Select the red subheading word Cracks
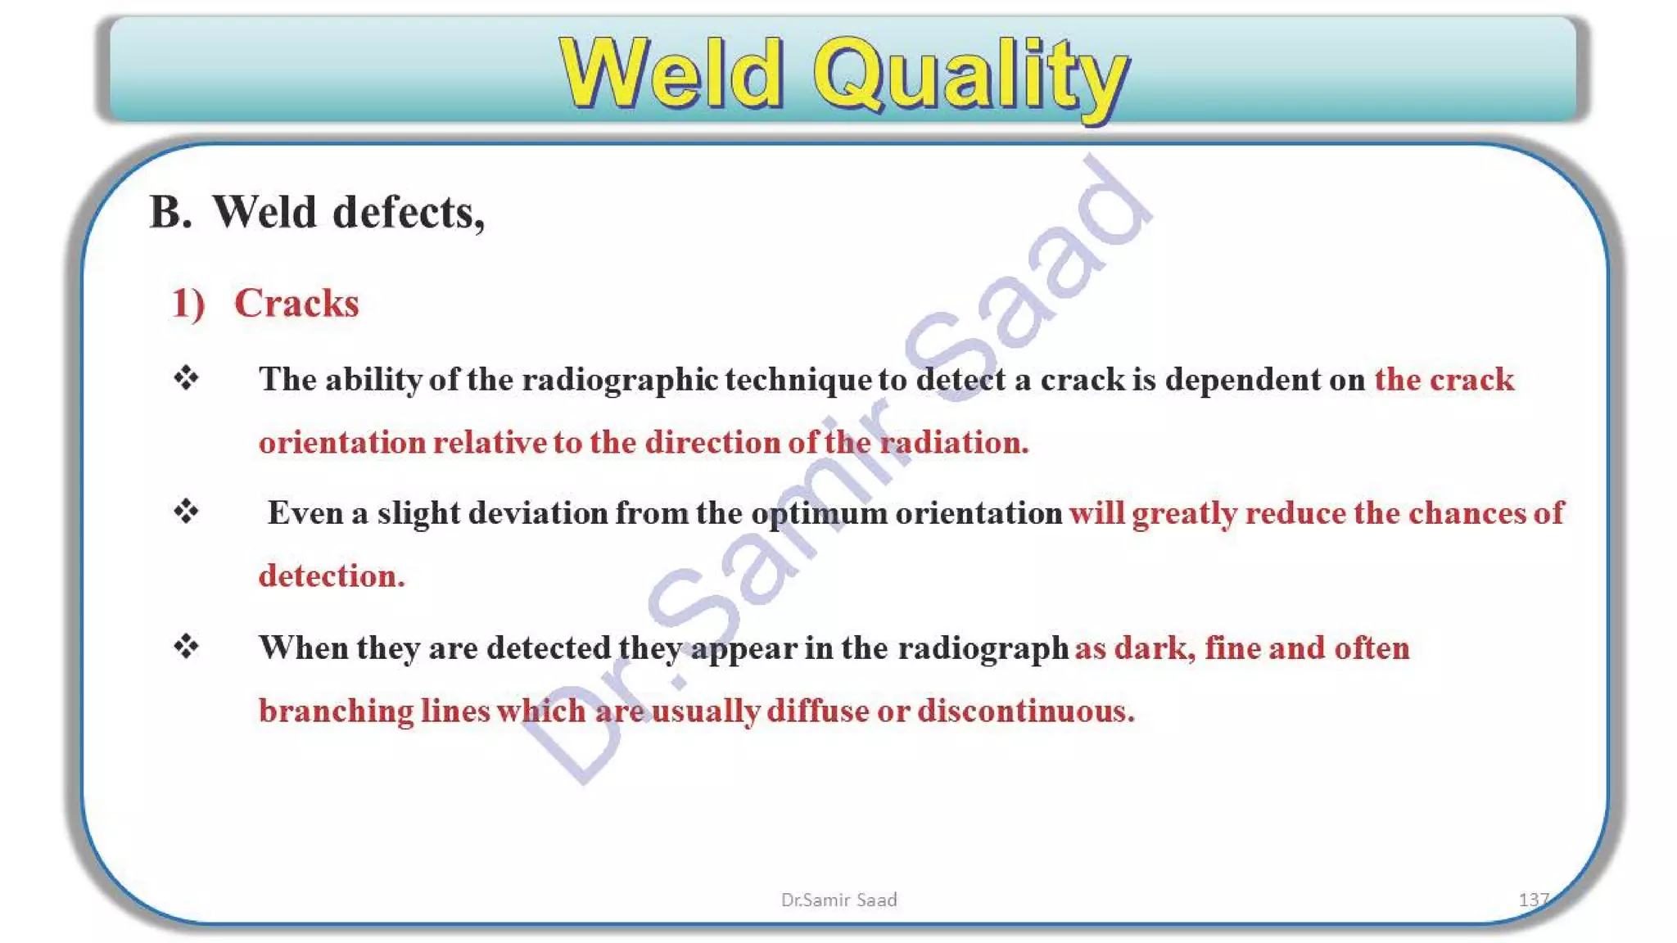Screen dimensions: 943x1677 296,303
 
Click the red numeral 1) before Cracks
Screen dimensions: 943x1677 188,304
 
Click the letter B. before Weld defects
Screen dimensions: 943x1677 170,213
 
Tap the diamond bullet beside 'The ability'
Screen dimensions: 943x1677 187,378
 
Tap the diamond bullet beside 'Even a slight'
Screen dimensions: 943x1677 187,512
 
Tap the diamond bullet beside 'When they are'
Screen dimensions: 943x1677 187,647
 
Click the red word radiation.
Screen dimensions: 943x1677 954,443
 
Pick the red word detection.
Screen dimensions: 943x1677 332,576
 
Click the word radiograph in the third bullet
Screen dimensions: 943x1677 983,648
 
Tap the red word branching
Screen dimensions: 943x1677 336,711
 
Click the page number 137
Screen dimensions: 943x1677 1533,900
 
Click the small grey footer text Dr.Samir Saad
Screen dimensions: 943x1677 838,900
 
